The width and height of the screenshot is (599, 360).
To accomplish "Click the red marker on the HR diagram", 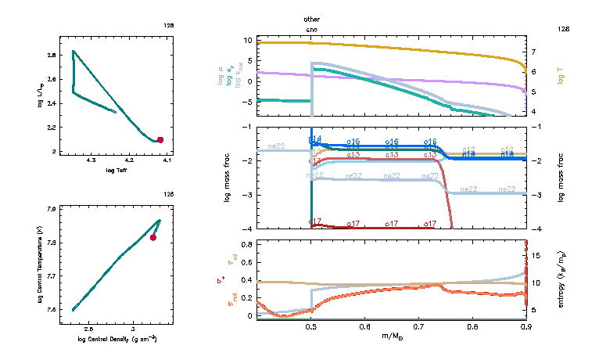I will click(x=160, y=140).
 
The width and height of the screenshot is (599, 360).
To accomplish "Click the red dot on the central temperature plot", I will click(x=153, y=237).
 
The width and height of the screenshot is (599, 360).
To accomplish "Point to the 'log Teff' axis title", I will click(x=115, y=171).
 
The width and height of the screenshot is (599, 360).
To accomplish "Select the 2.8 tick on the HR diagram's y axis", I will click(x=51, y=56).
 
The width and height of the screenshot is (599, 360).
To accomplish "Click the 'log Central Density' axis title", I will click(x=117, y=339).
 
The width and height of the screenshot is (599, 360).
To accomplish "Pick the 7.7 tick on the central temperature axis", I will click(x=51, y=276).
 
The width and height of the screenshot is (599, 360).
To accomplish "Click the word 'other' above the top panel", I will click(x=312, y=18).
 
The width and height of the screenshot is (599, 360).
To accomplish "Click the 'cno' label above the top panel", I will click(x=312, y=28).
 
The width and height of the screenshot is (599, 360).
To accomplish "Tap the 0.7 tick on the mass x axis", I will click(x=419, y=326).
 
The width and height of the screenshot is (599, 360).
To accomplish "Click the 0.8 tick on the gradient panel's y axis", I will click(x=246, y=245).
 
